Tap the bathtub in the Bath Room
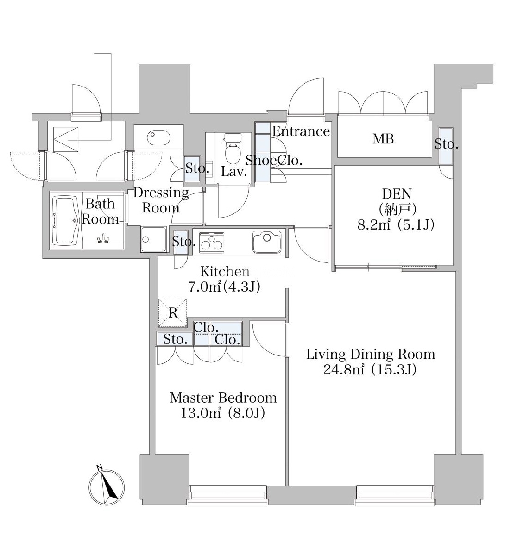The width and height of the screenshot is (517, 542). [66, 220]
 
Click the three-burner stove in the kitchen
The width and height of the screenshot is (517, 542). [211, 241]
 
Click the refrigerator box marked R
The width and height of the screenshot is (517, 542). [172, 313]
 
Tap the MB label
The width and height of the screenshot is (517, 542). [383, 139]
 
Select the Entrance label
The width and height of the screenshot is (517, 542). [301, 131]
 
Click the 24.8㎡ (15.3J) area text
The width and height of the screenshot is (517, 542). [370, 370]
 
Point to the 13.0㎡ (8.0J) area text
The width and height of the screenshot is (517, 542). [223, 413]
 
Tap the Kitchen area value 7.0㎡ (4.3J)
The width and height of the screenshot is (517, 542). [224, 287]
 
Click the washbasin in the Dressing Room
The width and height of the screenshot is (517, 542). [158, 138]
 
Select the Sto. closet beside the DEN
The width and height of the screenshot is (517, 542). [446, 146]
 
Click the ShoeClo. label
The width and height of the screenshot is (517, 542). [274, 160]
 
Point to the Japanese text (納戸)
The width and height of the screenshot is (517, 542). [397, 209]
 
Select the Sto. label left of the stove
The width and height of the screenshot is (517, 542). [184, 242]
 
